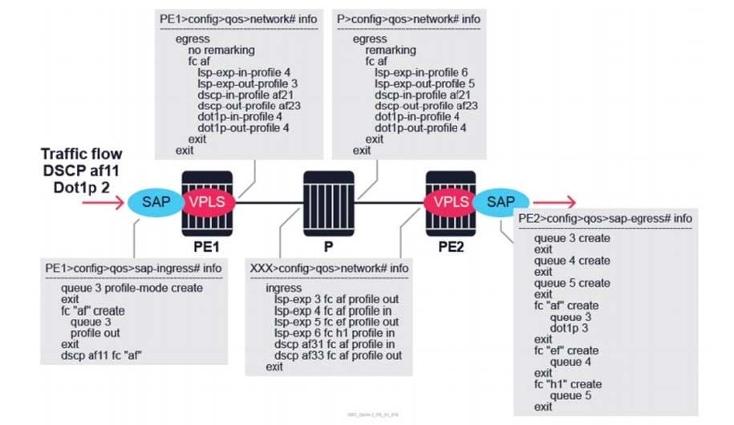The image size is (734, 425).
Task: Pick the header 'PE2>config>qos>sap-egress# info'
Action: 605,219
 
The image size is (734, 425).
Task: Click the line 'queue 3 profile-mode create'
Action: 132,288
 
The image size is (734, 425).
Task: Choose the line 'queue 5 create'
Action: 572,283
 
